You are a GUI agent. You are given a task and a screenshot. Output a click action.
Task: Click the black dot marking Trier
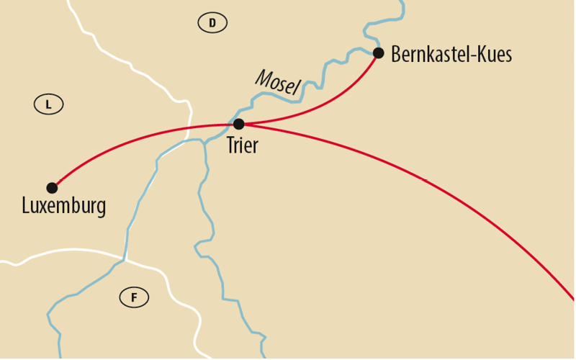point(239,124)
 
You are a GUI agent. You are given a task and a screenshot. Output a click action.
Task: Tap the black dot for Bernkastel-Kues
point(379,53)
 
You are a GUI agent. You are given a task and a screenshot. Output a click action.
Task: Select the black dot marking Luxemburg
point(52,188)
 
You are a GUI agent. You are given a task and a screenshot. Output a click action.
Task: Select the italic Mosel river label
point(277,83)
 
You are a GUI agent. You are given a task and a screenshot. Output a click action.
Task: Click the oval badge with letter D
point(212,24)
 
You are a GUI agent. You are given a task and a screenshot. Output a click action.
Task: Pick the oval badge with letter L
point(49,104)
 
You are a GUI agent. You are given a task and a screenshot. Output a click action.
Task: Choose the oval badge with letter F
point(134,297)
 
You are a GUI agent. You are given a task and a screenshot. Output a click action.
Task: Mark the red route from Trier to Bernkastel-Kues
point(324,104)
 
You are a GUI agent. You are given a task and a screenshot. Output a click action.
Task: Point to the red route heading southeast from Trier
point(432,183)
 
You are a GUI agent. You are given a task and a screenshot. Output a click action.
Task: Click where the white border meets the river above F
point(125,257)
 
